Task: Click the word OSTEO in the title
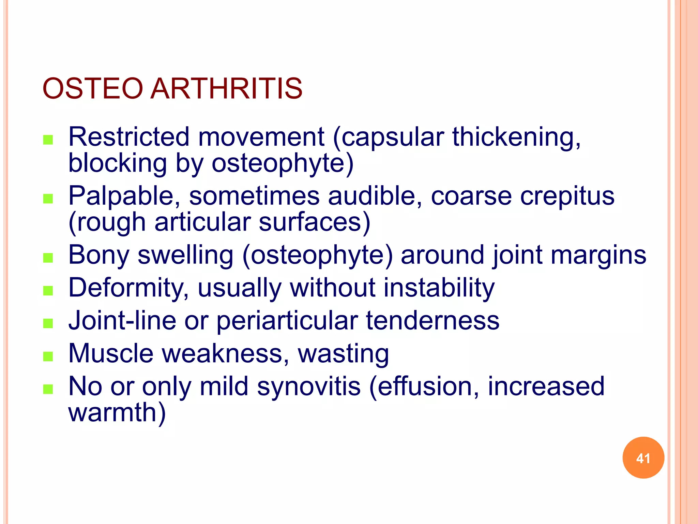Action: point(92,88)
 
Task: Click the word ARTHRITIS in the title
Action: point(226,88)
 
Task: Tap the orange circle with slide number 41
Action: point(643,458)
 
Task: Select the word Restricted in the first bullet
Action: point(129,137)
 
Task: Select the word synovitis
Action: point(309,387)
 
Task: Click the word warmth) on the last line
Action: point(117,412)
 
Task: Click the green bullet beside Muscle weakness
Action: point(48,356)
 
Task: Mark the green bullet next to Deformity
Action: point(48,291)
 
